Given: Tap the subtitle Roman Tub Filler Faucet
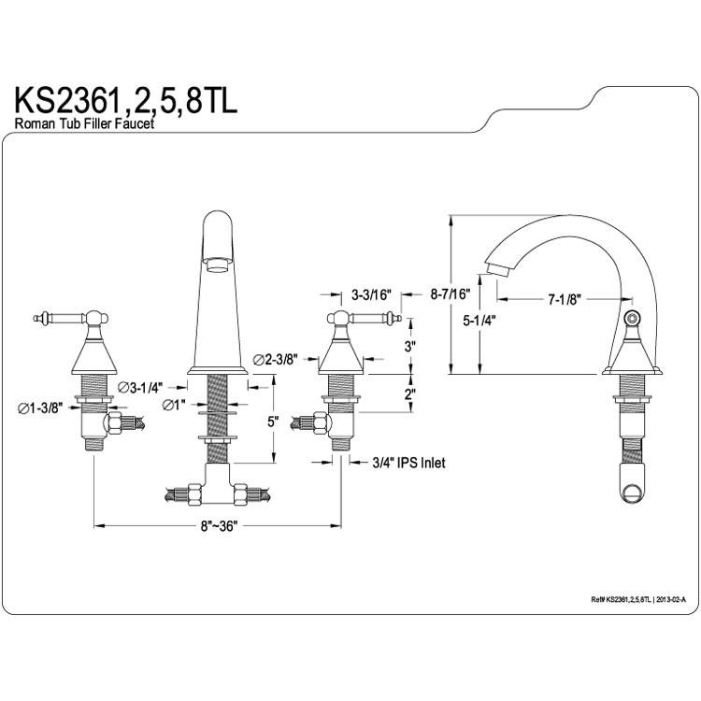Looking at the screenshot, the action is click(x=84, y=123).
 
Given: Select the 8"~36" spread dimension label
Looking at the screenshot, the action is click(x=217, y=525).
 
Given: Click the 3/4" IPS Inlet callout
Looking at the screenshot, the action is click(x=408, y=463).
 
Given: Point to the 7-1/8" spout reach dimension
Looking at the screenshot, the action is click(x=565, y=299).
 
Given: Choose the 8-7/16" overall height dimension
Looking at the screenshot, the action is click(x=451, y=294).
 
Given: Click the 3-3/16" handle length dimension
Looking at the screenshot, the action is click(x=371, y=295).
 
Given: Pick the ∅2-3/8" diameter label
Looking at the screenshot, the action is click(x=275, y=360).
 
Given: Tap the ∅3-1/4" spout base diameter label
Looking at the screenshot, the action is click(x=140, y=388).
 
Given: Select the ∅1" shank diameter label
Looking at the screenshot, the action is click(x=174, y=405).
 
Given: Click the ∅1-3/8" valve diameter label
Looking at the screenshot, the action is click(x=40, y=408).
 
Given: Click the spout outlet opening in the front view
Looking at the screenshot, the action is click(x=218, y=265).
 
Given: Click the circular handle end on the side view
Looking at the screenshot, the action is click(x=632, y=319).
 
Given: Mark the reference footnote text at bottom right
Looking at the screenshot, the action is click(x=638, y=599).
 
